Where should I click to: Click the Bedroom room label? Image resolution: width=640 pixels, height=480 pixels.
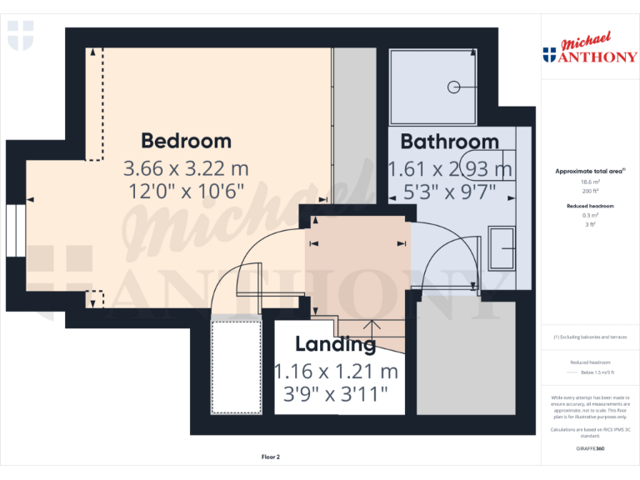(x=186, y=140)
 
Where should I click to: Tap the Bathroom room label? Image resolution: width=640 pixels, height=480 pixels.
(x=449, y=141)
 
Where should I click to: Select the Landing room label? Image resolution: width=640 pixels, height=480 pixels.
(x=335, y=344)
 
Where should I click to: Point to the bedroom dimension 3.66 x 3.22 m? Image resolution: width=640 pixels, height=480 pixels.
(x=186, y=168)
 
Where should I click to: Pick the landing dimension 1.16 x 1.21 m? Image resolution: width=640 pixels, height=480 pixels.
(x=336, y=371)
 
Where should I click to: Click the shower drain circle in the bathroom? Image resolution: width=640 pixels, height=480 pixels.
(x=454, y=86)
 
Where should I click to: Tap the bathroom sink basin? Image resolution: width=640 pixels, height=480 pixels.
(x=502, y=248)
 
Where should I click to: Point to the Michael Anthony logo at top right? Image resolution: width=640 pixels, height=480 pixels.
(x=589, y=51)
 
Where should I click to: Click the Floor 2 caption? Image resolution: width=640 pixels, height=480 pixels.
(x=271, y=457)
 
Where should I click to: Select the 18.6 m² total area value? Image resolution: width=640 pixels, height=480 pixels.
(x=590, y=182)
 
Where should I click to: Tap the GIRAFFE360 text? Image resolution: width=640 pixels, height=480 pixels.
(x=590, y=448)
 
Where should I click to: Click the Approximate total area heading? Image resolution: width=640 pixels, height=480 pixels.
(x=590, y=171)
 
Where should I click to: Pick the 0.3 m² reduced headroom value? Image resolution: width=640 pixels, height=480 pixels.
(x=590, y=214)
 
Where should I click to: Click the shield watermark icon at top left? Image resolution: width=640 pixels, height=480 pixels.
(x=20, y=35)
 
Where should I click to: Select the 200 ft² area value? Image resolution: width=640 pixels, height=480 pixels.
(x=590, y=191)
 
